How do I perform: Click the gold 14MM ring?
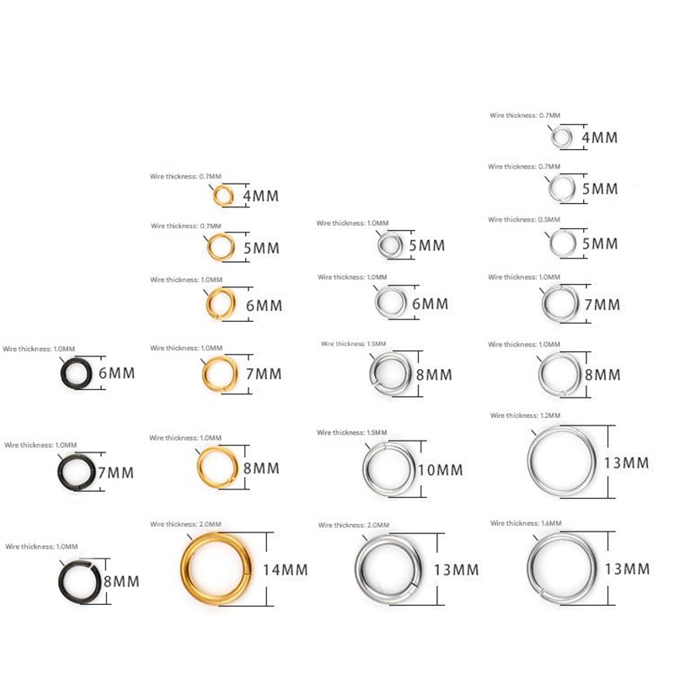(185, 568)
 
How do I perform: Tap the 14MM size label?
(286, 570)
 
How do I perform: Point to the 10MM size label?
(441, 470)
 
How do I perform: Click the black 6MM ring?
(62, 373)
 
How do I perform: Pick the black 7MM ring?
(60, 472)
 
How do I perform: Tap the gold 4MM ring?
(215, 196)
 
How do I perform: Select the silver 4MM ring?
(553, 137)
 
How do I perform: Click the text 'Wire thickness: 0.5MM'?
(524, 220)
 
